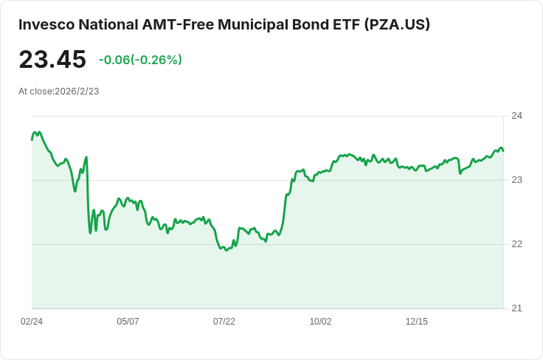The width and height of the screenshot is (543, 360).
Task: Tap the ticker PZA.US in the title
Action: [x=397, y=24]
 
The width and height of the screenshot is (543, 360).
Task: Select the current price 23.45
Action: [x=52, y=59]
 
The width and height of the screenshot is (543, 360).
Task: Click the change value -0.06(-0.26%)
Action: [x=140, y=60]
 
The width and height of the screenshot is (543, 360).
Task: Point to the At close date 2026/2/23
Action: [x=77, y=91]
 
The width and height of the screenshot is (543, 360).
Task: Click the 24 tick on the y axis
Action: [x=516, y=116]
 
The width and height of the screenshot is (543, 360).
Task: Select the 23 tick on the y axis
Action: [x=516, y=180]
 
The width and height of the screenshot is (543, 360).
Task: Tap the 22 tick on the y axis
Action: [x=516, y=244]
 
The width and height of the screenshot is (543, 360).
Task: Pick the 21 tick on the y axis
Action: [x=516, y=308]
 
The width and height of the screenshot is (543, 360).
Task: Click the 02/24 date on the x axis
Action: [x=32, y=322]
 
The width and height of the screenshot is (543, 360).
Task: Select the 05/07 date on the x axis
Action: [x=128, y=322]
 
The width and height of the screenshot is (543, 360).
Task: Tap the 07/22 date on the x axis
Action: [x=224, y=322]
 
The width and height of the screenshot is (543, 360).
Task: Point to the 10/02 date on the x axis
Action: [x=320, y=322]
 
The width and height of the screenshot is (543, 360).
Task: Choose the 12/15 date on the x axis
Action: [x=417, y=322]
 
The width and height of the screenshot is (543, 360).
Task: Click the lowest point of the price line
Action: [x=226, y=250]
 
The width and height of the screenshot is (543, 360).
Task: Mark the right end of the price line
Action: [x=503, y=150]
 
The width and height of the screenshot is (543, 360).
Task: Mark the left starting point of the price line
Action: [x=32, y=140]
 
